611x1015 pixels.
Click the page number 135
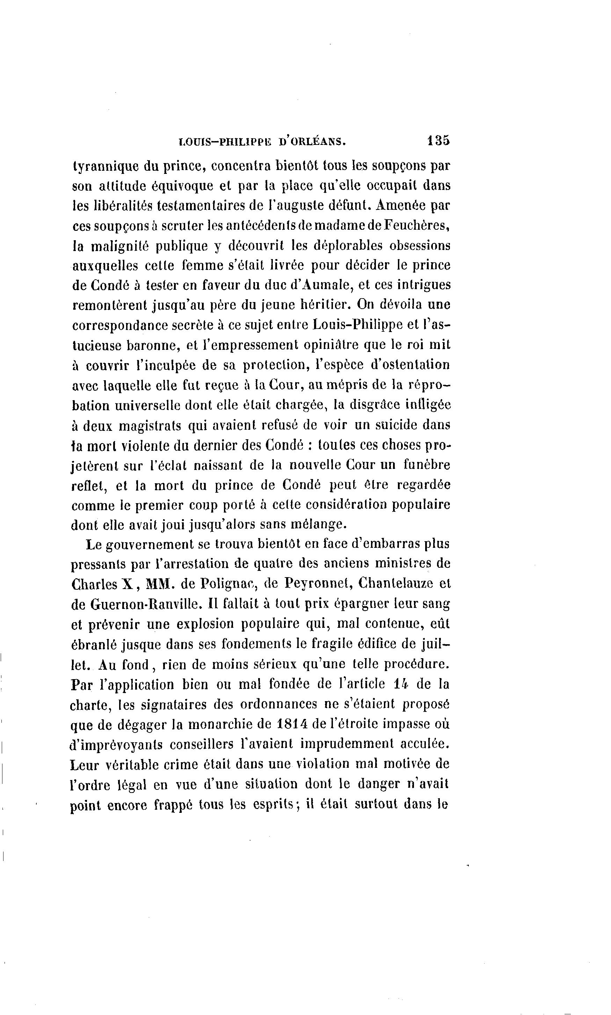pos(439,141)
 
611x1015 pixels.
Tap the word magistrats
pos(150,425)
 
